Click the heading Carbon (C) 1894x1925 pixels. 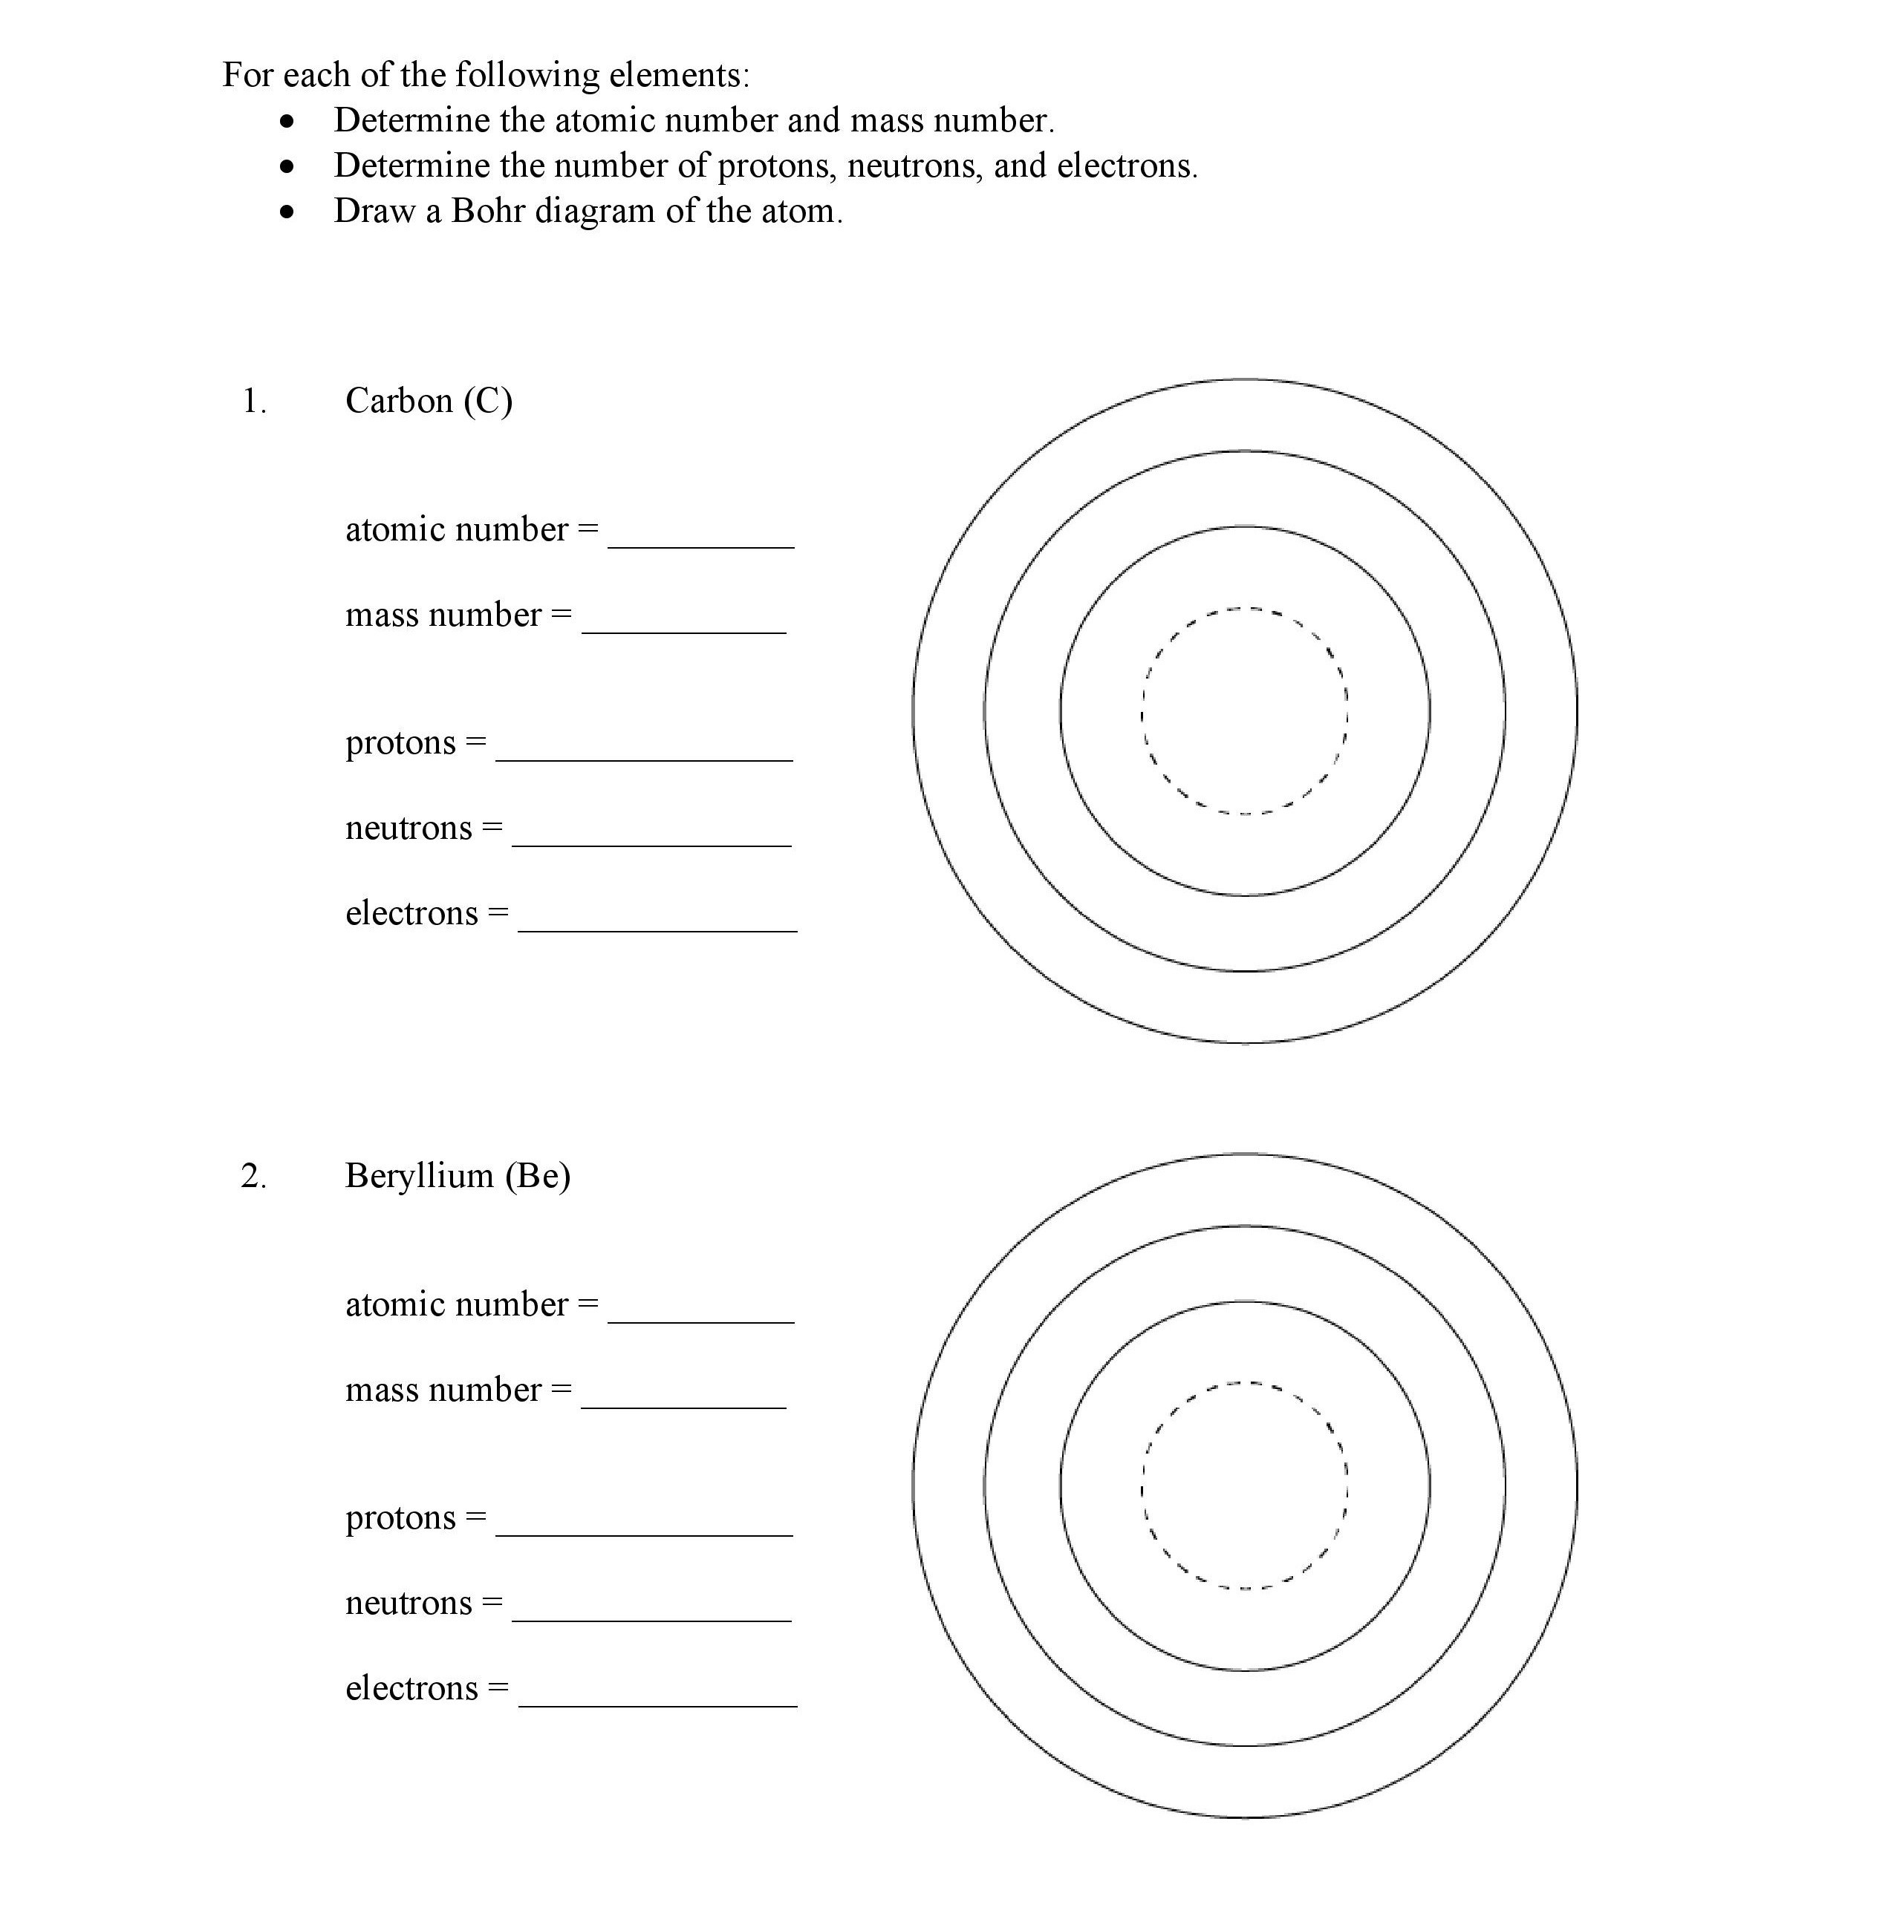(429, 401)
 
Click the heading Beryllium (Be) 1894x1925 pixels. (458, 1175)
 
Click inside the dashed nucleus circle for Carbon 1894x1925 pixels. (1244, 711)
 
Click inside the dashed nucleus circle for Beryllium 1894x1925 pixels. (1244, 1486)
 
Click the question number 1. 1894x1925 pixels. (254, 401)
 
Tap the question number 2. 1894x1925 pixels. (254, 1175)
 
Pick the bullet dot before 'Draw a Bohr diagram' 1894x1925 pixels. (287, 212)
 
